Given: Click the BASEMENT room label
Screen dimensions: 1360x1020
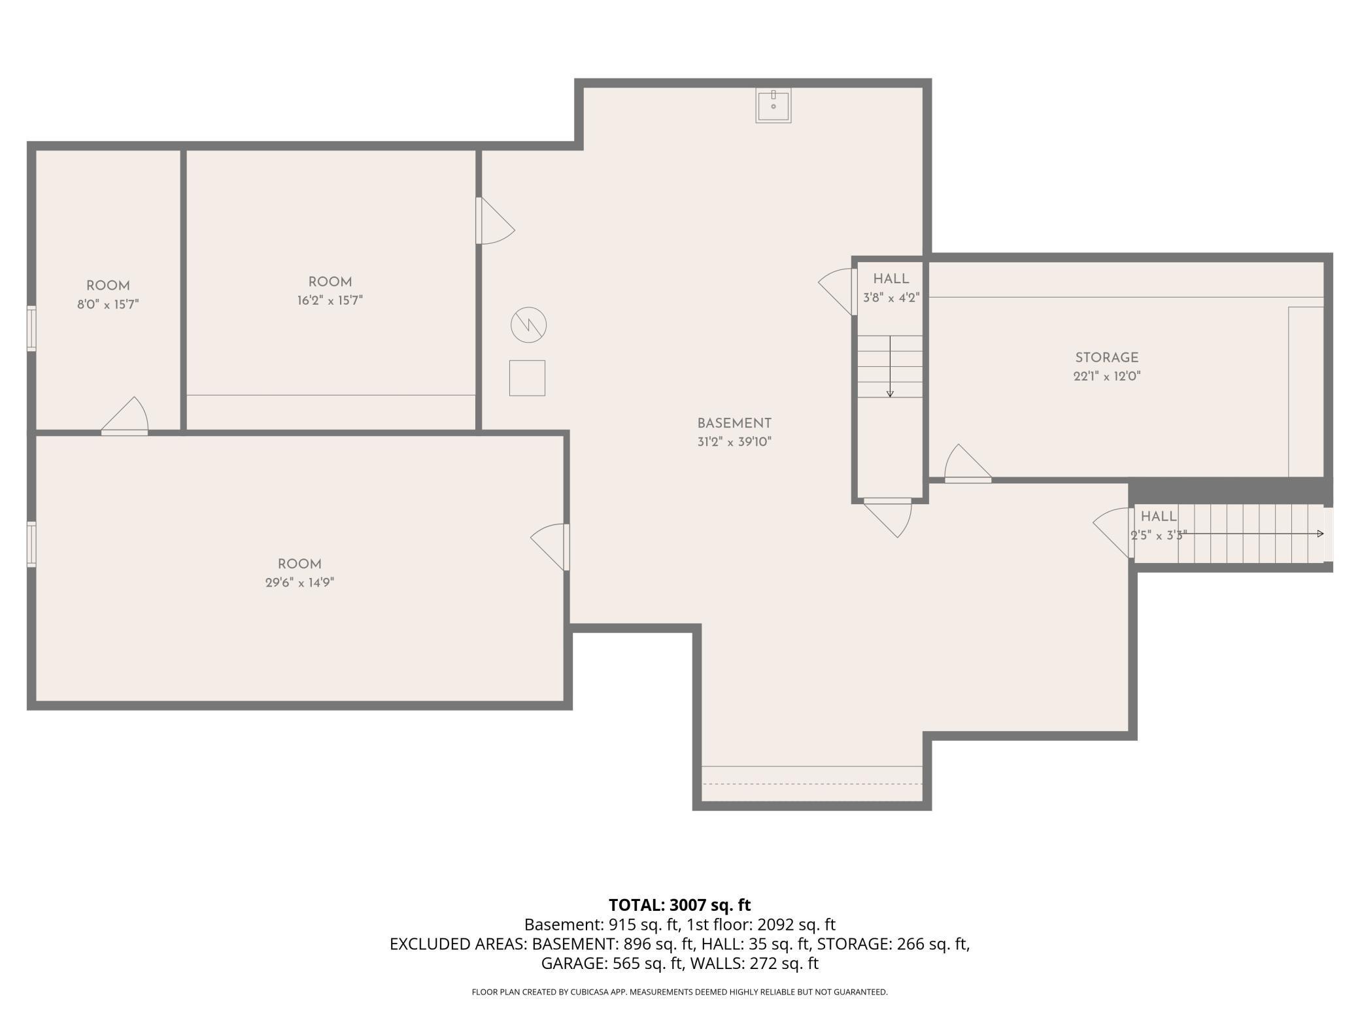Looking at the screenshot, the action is point(734,423).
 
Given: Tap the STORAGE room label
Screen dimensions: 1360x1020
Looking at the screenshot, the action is point(1106,358).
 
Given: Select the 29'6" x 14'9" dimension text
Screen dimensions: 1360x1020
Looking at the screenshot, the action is point(299,583).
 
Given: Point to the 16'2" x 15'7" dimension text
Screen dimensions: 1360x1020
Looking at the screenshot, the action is point(330,300).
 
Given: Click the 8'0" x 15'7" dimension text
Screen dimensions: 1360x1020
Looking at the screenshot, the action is point(108,304).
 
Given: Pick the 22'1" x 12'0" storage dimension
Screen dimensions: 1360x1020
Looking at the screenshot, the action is point(1106,376).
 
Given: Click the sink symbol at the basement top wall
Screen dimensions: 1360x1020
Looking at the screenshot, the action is point(773,105).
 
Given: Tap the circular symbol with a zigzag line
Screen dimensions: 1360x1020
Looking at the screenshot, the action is point(528,325).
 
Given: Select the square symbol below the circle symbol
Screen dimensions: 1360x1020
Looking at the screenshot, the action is point(527,378).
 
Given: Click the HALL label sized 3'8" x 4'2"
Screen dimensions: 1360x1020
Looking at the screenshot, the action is point(891,279).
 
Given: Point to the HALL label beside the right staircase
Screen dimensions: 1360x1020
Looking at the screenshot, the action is point(1159,517).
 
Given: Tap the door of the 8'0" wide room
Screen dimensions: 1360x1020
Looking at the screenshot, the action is point(124,416).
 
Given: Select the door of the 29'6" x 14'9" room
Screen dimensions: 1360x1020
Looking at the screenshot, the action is point(550,547).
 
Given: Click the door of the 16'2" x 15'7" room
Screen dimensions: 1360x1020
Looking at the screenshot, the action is point(495,220).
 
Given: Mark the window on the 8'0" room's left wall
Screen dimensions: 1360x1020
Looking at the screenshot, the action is point(31,328).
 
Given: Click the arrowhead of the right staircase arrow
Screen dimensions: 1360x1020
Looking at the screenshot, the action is point(1320,534).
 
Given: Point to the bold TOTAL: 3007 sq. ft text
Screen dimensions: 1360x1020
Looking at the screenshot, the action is point(680,905).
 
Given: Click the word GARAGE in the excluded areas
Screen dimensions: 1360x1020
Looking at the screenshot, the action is point(575,963).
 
